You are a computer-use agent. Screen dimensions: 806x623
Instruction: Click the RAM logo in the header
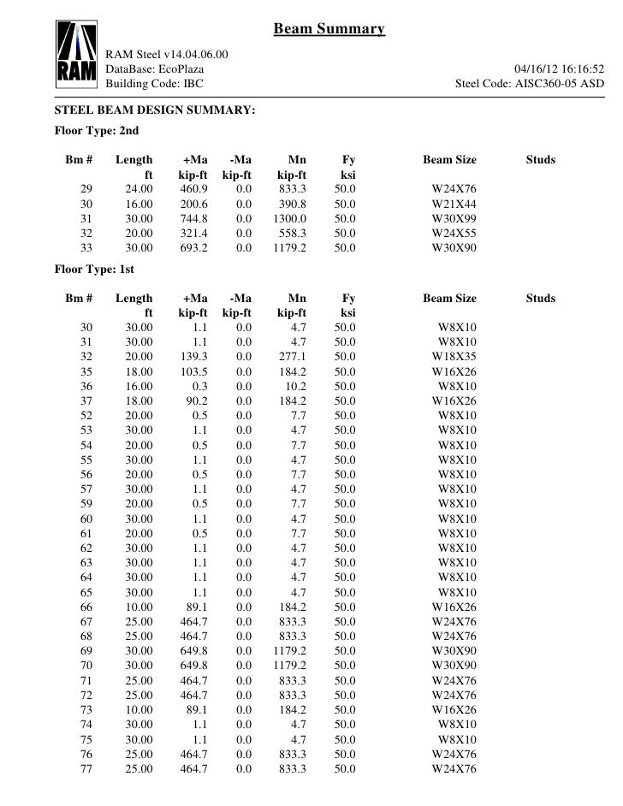75,54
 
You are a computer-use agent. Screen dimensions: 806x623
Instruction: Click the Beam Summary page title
329,31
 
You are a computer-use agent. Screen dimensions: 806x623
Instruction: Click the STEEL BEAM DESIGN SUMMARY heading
154,111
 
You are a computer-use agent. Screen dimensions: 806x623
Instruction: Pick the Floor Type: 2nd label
96,132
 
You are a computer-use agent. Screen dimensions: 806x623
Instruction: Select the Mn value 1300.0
290,218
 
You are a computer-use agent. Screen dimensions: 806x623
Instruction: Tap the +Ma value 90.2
198,400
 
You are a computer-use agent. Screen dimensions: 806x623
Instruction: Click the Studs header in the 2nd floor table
540,160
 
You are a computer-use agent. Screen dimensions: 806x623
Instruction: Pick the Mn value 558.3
293,233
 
